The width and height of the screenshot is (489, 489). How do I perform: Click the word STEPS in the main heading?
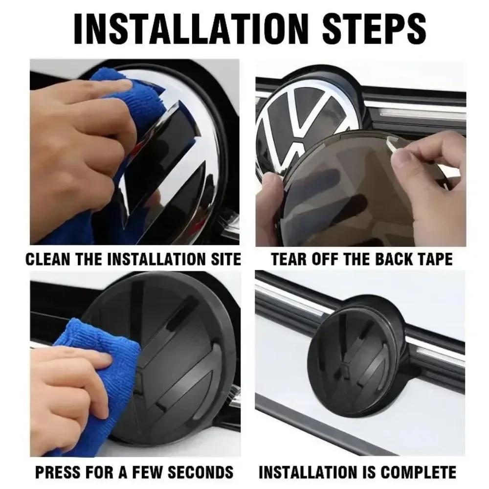[x=374, y=29]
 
